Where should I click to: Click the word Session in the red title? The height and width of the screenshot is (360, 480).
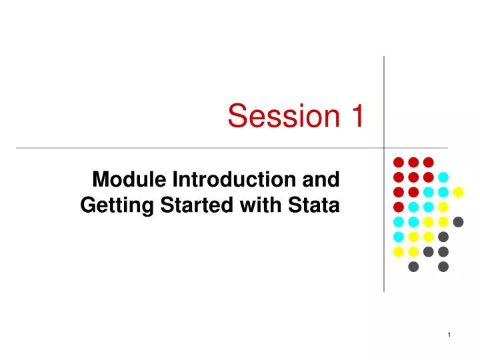pos(284,115)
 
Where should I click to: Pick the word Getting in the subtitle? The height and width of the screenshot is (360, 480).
pos(117,205)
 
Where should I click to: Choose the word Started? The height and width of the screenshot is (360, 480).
pos(197,205)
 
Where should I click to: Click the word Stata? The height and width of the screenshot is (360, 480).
pos(314,205)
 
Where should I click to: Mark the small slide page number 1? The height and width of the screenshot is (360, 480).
pos(449,335)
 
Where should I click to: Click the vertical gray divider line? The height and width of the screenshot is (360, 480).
pos(384,174)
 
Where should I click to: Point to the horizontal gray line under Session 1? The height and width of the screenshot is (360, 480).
pos(232,148)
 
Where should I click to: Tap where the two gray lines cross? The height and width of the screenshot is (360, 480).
pos(384,148)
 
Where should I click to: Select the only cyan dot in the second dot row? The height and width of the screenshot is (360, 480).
pos(443,177)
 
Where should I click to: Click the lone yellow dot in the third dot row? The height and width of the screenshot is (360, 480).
pos(458,192)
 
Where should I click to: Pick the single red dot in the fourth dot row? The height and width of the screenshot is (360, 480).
pos(399,207)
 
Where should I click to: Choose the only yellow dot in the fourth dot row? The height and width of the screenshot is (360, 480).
pos(443,207)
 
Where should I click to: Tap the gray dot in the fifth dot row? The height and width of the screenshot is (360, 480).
pos(458,222)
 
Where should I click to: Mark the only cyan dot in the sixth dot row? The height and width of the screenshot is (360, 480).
pos(399,237)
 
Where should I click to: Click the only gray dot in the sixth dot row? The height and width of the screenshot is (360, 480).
pos(443,237)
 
